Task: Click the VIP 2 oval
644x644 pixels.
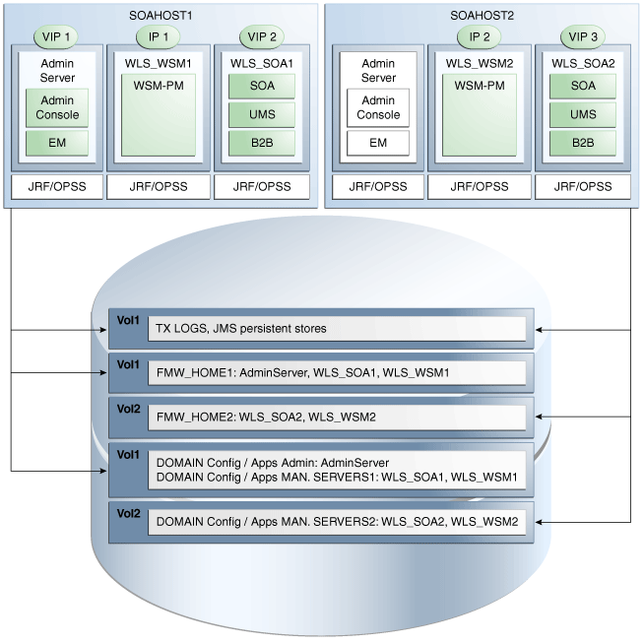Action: (x=261, y=36)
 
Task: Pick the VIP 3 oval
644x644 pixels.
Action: (x=582, y=36)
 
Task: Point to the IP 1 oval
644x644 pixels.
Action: (x=158, y=36)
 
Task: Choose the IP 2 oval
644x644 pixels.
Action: (x=479, y=36)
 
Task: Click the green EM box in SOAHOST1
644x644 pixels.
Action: (x=57, y=143)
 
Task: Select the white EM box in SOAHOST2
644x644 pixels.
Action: (x=378, y=143)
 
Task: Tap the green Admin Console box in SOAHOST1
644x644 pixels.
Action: (x=57, y=107)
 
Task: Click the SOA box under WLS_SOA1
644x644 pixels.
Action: (x=261, y=86)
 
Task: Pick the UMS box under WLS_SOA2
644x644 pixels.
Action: (x=582, y=114)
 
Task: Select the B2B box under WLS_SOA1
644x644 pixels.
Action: (x=261, y=143)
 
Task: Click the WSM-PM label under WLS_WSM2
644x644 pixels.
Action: (x=479, y=86)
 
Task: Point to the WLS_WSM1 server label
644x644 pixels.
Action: (x=158, y=63)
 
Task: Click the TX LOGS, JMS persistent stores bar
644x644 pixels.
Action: (x=336, y=329)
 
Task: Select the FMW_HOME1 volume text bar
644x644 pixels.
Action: (x=336, y=373)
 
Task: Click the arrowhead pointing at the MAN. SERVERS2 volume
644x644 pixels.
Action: (x=542, y=522)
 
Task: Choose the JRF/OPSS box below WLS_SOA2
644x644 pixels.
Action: (x=582, y=186)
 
